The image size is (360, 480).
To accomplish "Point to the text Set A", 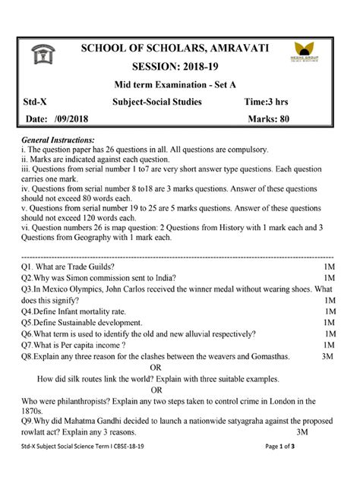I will [235, 86].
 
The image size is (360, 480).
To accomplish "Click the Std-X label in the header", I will [35, 103].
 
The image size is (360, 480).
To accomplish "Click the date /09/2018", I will [73, 120].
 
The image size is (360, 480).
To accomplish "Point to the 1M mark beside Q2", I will [329, 278].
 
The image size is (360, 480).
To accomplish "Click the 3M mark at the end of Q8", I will [328, 355].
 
